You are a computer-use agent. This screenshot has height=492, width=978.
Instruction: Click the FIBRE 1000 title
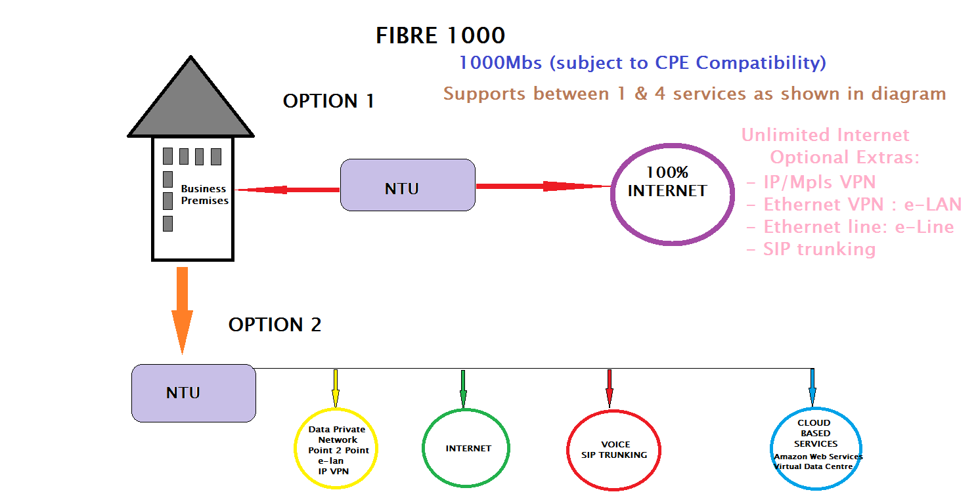440,35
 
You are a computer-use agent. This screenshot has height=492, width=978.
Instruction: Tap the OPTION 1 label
328,101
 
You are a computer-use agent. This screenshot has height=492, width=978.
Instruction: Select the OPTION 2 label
275,325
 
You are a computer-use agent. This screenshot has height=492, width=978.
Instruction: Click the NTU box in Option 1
408,185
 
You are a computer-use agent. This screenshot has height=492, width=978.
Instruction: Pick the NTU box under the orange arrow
193,393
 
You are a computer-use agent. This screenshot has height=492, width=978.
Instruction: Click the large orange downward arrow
182,310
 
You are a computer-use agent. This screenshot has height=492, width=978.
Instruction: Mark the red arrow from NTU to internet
543,186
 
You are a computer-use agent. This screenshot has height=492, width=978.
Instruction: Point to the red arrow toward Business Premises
287,190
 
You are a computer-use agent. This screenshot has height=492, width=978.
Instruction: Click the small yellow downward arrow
336,388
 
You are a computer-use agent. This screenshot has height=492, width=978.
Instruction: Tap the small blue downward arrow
812,388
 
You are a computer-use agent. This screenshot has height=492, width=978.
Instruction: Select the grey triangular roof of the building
190,105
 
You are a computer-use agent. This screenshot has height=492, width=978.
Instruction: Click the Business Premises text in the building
204,195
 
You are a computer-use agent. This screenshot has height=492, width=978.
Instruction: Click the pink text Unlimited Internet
825,134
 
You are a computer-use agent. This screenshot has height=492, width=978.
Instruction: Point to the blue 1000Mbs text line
642,63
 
